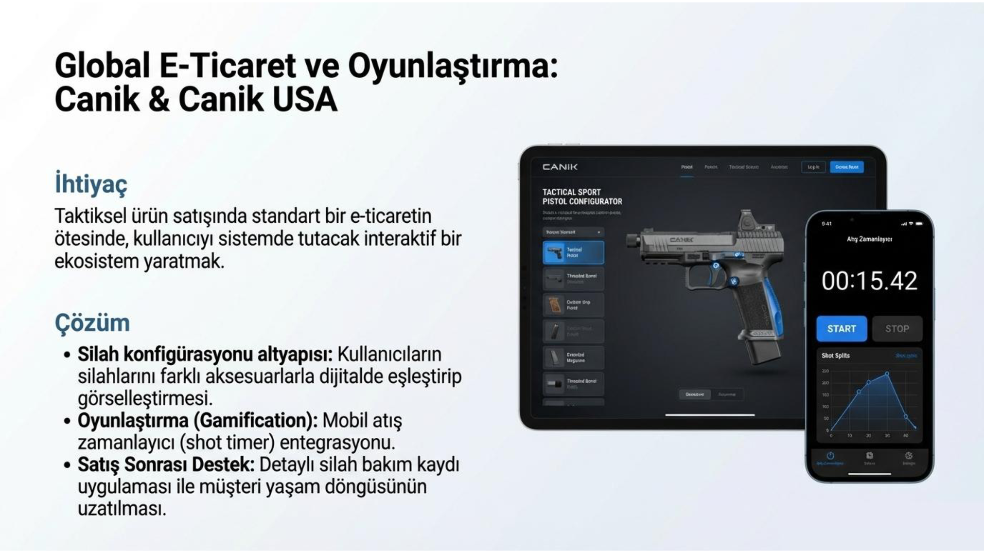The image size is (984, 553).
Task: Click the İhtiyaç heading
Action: [91, 184]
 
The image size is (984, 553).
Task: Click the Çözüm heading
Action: [92, 323]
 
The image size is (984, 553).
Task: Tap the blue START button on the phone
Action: [841, 329]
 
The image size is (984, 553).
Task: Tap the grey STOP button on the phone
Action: [897, 329]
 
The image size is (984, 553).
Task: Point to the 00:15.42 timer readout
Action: [869, 281]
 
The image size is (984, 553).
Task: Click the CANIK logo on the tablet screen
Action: [560, 167]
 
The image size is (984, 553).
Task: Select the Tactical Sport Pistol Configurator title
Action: [582, 197]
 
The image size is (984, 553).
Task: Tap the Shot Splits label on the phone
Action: [835, 355]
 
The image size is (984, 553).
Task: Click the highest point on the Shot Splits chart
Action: [887, 374]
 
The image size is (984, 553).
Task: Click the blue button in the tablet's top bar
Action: [846, 167]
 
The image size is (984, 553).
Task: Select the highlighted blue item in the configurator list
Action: [573, 253]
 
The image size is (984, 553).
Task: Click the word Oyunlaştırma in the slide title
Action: [453, 66]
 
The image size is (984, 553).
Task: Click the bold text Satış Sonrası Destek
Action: [166, 465]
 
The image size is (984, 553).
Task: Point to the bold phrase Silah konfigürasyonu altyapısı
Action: [205, 354]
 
